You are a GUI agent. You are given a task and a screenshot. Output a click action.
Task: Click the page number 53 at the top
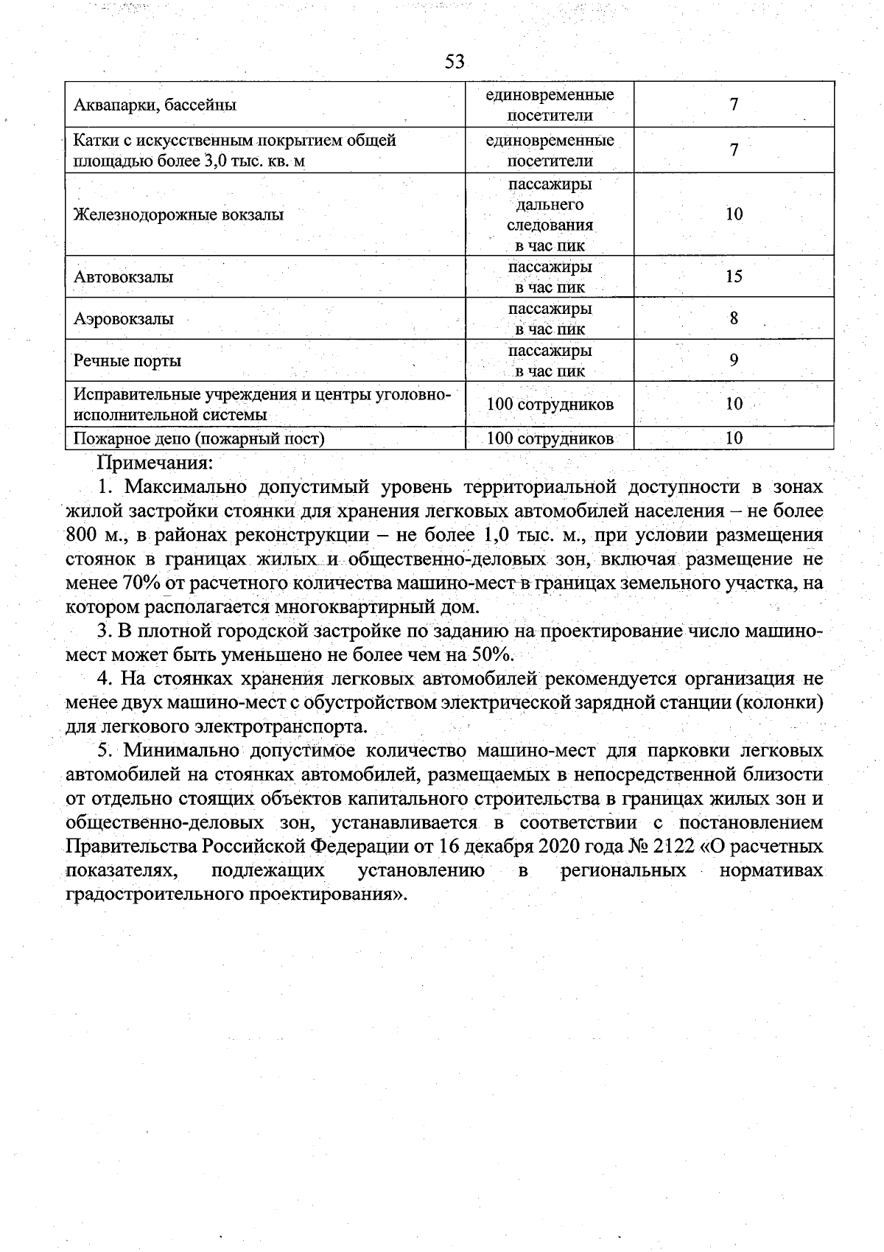coord(455,62)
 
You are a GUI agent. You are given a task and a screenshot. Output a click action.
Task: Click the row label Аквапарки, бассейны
coord(155,105)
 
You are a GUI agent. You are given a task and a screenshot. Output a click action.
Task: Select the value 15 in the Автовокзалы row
coord(734,276)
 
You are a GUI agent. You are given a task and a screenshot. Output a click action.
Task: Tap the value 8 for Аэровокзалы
coord(734,318)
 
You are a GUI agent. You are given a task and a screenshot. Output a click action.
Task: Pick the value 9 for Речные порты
coord(734,360)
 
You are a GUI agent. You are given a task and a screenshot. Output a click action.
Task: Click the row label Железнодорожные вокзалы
coord(178,215)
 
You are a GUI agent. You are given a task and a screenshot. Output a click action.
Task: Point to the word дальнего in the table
coord(550,204)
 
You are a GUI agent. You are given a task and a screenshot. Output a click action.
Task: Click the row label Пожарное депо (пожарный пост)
coord(199,439)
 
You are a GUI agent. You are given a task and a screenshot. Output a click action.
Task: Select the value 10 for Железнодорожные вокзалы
coord(734,214)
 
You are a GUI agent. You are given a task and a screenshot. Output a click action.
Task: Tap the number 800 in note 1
coord(81,535)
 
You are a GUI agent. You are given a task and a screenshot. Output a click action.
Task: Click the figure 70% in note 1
coord(132,584)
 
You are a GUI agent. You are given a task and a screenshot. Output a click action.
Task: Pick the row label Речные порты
coord(127,361)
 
